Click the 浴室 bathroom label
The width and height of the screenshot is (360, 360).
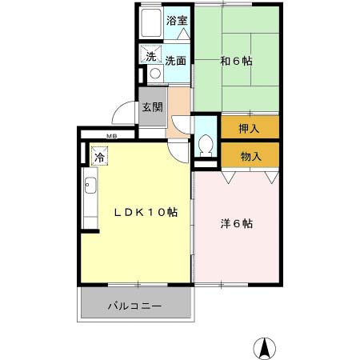[x=177, y=22]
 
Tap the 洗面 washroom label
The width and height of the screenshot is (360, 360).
[x=176, y=60]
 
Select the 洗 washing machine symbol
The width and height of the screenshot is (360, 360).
[x=150, y=56]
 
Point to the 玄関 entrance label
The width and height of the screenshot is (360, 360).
[x=152, y=107]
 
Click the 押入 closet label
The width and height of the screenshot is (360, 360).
[x=250, y=127]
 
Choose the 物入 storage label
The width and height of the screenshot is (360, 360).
[x=250, y=155]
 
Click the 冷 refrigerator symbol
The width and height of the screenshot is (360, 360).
[x=99, y=157]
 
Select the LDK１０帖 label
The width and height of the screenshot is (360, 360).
[x=144, y=213]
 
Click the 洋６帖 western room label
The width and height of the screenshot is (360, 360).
[x=237, y=224]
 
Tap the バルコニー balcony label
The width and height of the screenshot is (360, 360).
[x=136, y=306]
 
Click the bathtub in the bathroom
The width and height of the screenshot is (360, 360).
[x=151, y=24]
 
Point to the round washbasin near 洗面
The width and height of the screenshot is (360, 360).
[x=155, y=74]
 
